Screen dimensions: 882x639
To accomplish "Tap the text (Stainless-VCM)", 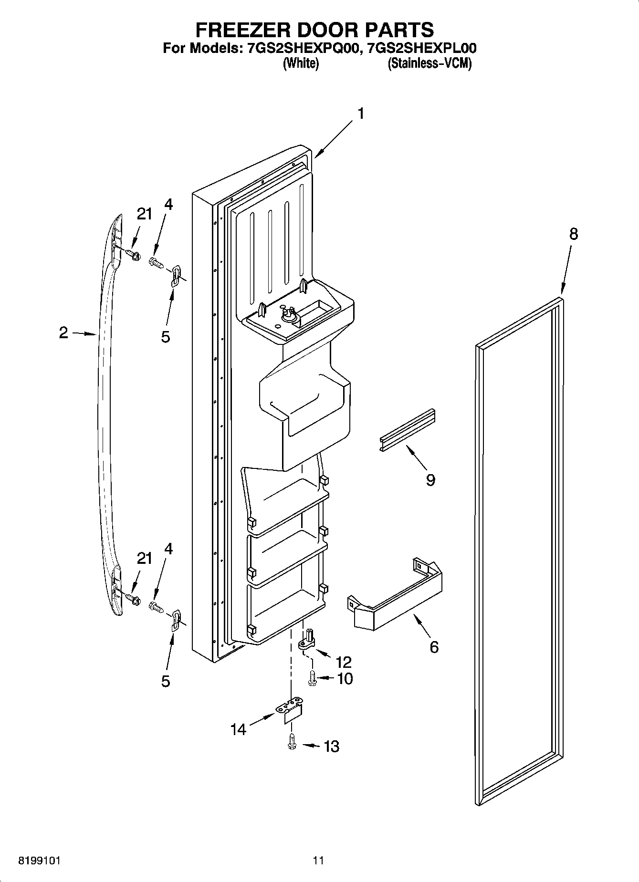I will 429,63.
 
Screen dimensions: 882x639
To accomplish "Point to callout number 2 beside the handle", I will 64,332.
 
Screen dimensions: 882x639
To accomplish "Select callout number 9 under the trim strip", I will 430,479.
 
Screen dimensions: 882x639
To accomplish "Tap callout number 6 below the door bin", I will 434,647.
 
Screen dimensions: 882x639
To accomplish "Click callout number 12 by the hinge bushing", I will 344,662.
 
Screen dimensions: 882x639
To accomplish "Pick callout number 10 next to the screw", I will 345,678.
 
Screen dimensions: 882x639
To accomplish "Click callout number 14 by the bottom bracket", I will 239,729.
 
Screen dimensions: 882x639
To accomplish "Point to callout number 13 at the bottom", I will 331,746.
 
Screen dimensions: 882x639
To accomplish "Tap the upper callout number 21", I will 145,214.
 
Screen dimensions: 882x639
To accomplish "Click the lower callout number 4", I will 168,549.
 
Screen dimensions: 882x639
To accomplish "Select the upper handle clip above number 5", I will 176,275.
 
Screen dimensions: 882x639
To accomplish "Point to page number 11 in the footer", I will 318,861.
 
